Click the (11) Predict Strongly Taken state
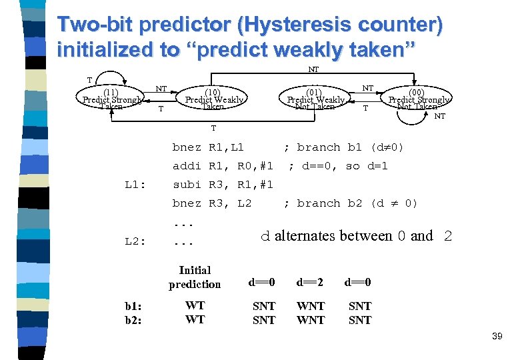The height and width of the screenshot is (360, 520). (x=111, y=99)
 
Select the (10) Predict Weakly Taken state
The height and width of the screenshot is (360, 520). (x=213, y=99)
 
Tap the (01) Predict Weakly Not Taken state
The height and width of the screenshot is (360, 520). (x=315, y=99)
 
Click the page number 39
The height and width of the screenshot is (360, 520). (x=497, y=337)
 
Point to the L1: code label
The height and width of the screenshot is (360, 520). (x=136, y=185)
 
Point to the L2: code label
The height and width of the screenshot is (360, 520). (x=136, y=241)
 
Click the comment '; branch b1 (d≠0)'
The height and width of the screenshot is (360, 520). (x=343, y=147)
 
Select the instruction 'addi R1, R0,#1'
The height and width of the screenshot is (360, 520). (x=223, y=165)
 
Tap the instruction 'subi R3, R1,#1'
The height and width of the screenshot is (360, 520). (x=223, y=185)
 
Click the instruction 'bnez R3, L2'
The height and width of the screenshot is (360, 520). (x=212, y=203)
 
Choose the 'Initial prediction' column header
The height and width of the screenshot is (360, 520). (x=195, y=277)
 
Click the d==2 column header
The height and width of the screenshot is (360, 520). (x=310, y=283)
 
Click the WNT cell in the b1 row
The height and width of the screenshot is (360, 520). (x=311, y=306)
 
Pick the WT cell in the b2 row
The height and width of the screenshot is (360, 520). (x=195, y=320)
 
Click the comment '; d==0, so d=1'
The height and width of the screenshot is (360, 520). (x=338, y=165)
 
